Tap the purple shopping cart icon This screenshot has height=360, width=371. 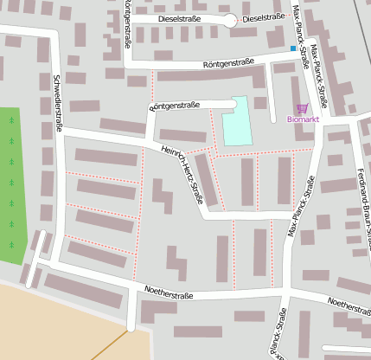[x=302, y=107]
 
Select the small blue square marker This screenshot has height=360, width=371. [x=291, y=49]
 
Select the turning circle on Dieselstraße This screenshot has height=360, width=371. [x=228, y=19]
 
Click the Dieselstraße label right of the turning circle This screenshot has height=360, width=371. [x=263, y=17]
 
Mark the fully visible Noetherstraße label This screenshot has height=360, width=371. [x=169, y=295]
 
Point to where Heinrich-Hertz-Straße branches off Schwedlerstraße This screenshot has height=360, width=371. [x=63, y=130]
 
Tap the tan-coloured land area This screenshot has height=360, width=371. [x=52, y=329]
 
